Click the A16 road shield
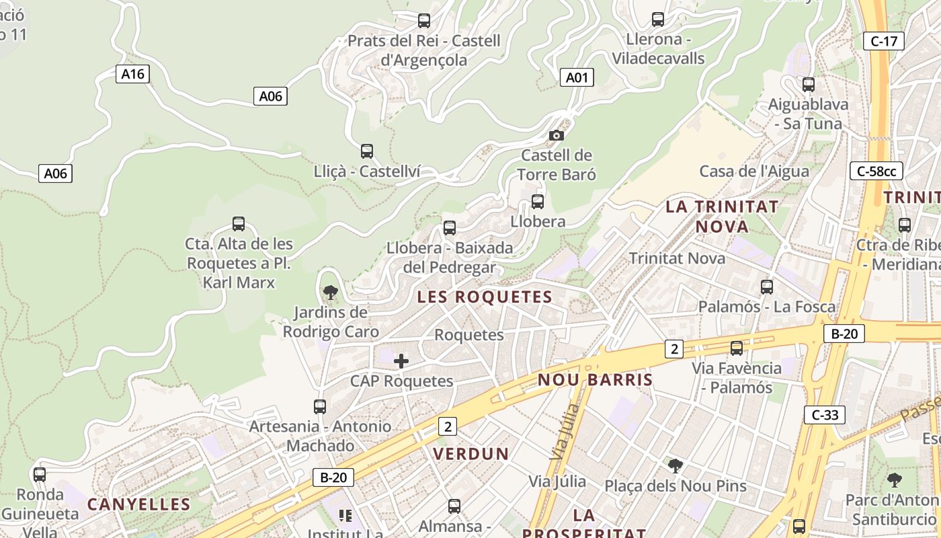(x=132, y=74)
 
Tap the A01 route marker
(x=576, y=78)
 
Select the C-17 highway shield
(x=883, y=41)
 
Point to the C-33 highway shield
(x=825, y=415)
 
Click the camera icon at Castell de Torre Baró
(x=556, y=135)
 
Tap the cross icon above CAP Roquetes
(x=401, y=361)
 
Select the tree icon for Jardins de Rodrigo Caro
(x=330, y=292)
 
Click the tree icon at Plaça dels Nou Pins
(x=675, y=465)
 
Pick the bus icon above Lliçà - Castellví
(x=366, y=151)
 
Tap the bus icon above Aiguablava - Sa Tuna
(x=808, y=85)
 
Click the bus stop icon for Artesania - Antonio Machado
(x=320, y=407)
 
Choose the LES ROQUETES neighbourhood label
(x=485, y=297)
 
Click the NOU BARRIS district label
(x=595, y=380)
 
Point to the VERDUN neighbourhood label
(x=471, y=454)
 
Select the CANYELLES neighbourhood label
(x=138, y=504)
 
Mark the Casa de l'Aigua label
(x=754, y=171)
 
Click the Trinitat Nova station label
(x=677, y=258)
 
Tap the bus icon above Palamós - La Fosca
(x=766, y=287)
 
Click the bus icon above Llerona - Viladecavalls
(x=658, y=20)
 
